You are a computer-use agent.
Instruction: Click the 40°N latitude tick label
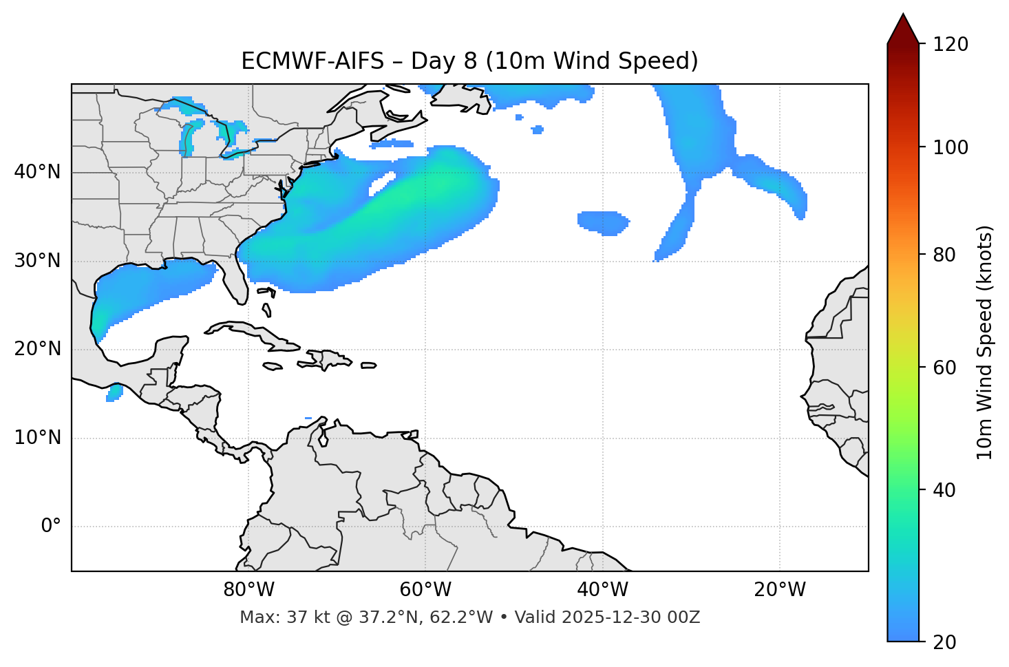tap(37, 172)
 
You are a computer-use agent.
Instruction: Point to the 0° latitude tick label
tap(50, 527)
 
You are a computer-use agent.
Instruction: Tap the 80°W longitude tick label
tap(248, 590)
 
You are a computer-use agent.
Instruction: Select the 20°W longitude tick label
tap(780, 590)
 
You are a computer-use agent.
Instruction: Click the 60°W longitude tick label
tap(425, 590)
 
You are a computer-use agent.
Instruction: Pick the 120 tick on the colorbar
tap(950, 45)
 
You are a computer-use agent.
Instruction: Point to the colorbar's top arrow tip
tap(903, 14)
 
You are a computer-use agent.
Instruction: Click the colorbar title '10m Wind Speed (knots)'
tap(985, 342)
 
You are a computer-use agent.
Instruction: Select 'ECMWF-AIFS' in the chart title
tap(312, 61)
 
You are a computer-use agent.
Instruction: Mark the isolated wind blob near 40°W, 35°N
tap(602, 222)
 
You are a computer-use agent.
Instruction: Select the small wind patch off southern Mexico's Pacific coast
tap(114, 393)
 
